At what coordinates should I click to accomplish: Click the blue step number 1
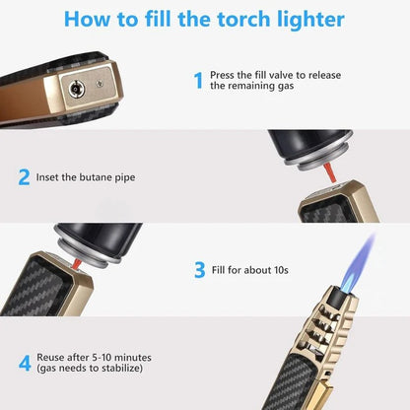pyautogui.click(x=197, y=80)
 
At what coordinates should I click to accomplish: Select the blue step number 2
pyautogui.click(x=24, y=177)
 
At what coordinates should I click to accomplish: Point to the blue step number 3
pyautogui.click(x=199, y=268)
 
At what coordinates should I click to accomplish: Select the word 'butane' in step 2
pyautogui.click(x=104, y=178)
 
